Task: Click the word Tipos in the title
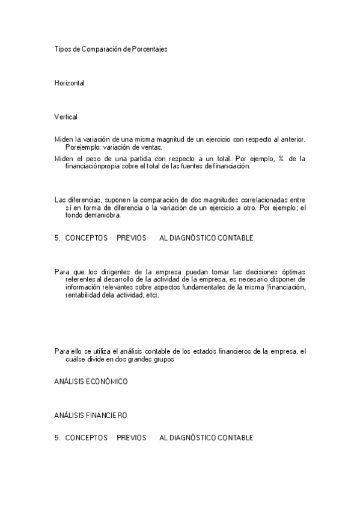tap(63, 49)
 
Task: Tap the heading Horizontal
tap(70, 83)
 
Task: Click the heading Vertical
tap(66, 117)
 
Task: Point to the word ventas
tap(150, 147)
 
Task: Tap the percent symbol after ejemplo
tap(280, 159)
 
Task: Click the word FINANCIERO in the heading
tap(106, 416)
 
